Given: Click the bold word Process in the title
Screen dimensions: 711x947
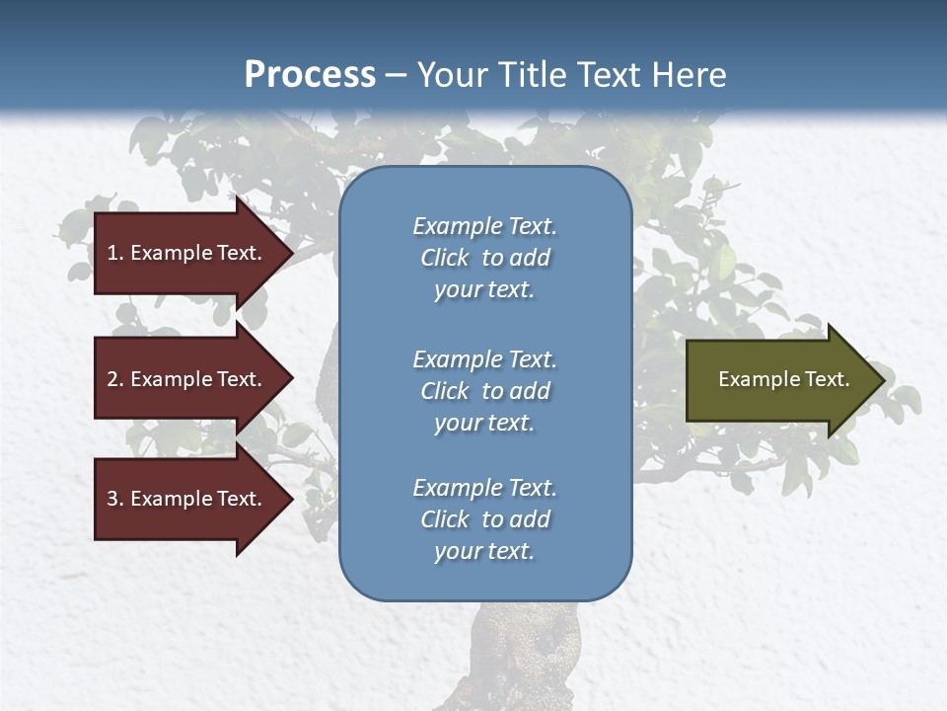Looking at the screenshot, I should pos(310,75).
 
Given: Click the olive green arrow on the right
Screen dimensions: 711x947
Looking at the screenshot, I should pos(779,380).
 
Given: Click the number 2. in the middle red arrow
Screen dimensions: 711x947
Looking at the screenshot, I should pos(114,379).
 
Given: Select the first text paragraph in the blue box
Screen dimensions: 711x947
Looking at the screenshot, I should pos(484,258).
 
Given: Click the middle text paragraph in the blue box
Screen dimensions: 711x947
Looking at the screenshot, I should pos(484,391).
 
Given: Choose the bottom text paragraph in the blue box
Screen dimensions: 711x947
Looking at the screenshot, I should pos(484,519).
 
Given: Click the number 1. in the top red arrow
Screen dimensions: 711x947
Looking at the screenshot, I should pos(114,253).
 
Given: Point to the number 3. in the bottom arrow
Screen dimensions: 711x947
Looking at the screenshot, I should pos(114,499).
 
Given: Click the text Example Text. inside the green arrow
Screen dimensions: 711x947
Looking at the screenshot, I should pos(783,379).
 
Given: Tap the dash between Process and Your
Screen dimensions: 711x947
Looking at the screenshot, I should pos(396,75).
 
